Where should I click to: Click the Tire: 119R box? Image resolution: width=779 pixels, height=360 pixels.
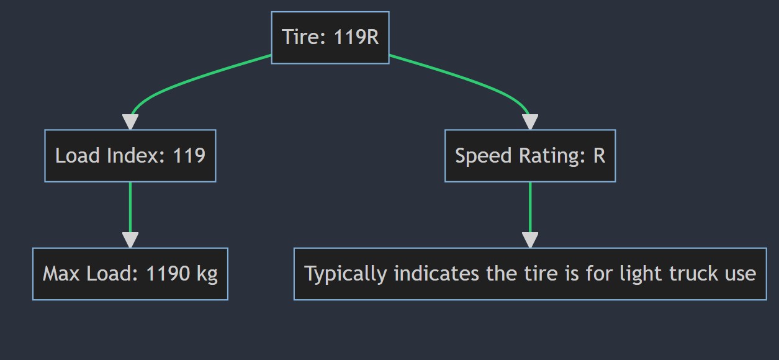330,37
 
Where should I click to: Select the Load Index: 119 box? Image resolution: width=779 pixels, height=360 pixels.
130,156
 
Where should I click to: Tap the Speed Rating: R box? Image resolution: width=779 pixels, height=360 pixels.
530,156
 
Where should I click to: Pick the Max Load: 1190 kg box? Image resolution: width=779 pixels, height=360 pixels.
130,274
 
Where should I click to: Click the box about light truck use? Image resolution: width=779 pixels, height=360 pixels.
530,274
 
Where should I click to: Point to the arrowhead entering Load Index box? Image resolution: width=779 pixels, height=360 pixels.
130,122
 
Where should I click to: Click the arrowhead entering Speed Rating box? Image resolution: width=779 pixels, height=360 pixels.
530,122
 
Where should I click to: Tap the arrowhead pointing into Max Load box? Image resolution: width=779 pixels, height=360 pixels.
130,240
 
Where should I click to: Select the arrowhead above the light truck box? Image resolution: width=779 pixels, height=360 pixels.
530,240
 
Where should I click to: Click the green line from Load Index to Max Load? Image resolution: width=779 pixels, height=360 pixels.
130,205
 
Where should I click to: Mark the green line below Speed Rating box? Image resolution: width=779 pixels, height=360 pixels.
530,205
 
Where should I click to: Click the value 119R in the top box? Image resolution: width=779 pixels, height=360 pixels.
356,37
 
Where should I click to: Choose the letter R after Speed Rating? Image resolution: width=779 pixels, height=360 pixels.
598,156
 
